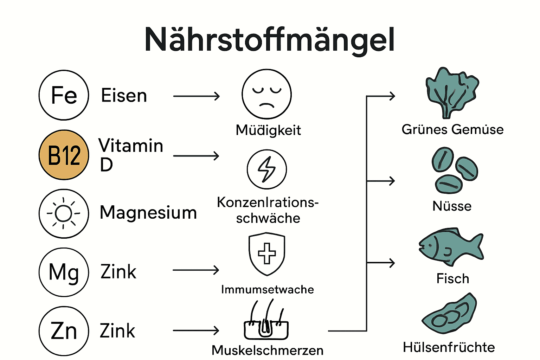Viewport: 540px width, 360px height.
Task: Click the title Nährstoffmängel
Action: point(270,40)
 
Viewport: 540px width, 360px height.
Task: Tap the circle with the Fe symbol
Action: point(64,95)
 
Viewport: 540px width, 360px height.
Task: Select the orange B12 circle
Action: point(64,155)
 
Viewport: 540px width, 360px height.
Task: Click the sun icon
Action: point(64,213)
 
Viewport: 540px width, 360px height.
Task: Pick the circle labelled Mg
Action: point(64,272)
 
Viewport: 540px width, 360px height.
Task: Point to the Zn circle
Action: point(64,331)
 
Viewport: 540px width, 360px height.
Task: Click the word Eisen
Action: point(124,96)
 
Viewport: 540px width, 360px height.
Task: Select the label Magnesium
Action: point(148,213)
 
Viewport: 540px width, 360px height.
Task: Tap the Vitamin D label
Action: point(130,155)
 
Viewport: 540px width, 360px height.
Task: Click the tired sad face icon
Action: point(266,94)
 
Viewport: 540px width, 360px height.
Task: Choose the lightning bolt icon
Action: point(266,169)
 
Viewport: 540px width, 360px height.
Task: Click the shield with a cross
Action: point(266,253)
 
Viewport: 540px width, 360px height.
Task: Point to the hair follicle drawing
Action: point(266,321)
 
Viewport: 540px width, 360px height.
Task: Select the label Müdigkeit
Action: point(268,130)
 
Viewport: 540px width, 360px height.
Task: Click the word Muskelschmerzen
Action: point(267,350)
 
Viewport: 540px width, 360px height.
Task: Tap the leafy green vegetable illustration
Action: point(451,93)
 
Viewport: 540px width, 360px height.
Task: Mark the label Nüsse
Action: point(452,206)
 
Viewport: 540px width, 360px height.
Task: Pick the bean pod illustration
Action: point(450,314)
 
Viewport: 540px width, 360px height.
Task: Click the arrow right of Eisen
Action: point(196,96)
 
